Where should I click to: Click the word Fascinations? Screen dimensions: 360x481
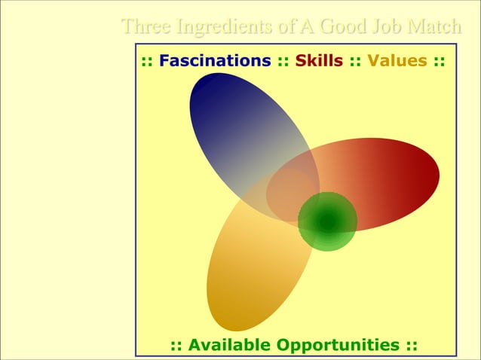pos(215,61)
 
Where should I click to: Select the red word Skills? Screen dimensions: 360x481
pos(319,61)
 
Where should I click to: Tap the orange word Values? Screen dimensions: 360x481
pos(397,61)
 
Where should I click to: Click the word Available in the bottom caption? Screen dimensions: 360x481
pos(229,345)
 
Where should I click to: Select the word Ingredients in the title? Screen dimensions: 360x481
pos(225,27)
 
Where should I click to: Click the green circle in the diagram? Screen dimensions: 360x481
pos(327,221)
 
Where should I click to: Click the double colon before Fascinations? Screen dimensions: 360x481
pos(147,61)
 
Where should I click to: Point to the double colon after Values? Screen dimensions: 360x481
pos(438,61)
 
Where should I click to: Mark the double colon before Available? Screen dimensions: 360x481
pos(177,345)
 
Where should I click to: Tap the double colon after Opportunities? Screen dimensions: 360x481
pos(411,345)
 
